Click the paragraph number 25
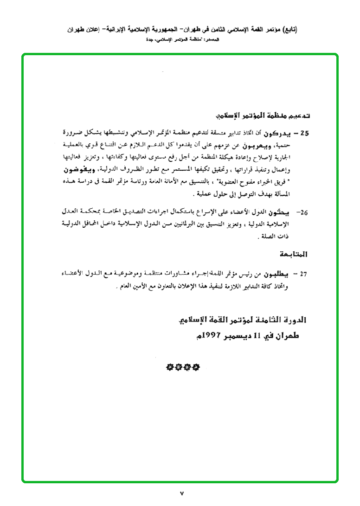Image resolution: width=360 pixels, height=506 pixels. tap(304, 134)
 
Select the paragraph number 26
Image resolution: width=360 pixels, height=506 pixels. tap(304, 213)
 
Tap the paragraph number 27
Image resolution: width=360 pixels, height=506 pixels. tap(304, 274)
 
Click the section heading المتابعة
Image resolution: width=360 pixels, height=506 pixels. tap(294, 255)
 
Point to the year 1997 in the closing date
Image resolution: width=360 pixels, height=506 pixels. tap(215, 335)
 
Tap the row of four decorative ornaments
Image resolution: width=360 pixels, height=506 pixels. tap(183, 367)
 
